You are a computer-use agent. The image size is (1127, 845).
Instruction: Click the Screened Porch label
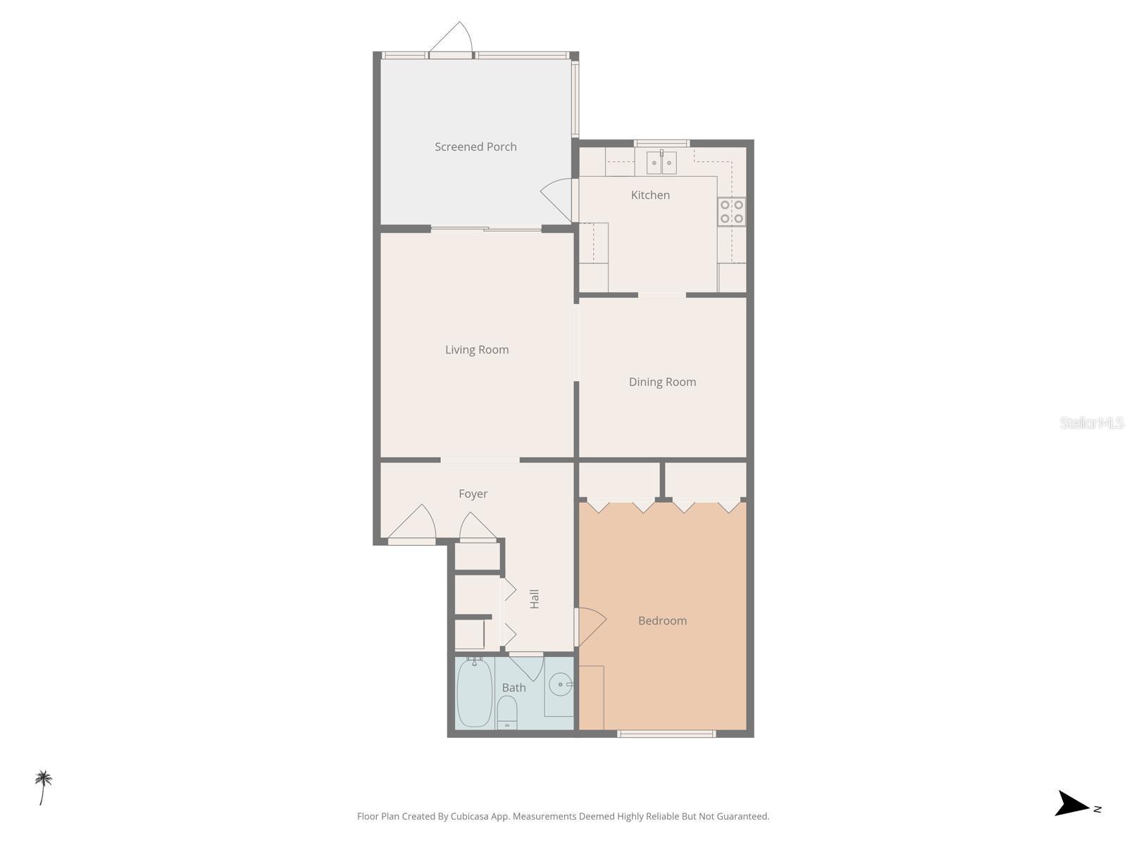tap(475, 146)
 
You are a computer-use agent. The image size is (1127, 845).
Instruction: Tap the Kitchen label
tap(650, 195)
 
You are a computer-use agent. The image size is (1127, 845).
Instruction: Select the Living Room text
tap(477, 349)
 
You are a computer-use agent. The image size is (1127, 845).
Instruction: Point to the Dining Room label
tap(662, 382)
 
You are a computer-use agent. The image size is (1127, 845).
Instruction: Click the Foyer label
tap(473, 494)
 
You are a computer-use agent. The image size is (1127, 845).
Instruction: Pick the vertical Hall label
tap(535, 599)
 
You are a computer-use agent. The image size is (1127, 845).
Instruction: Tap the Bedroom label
tap(662, 620)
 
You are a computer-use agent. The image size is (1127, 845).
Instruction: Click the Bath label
tap(513, 687)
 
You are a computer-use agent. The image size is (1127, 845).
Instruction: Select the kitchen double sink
tap(661, 163)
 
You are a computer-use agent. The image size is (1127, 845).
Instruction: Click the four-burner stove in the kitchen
tap(732, 211)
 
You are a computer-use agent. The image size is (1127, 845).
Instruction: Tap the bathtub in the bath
tap(474, 693)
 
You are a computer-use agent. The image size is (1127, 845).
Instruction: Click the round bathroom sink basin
tap(561, 684)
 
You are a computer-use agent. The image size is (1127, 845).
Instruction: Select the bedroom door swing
tap(590, 625)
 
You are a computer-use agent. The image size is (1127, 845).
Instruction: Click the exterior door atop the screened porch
tap(454, 39)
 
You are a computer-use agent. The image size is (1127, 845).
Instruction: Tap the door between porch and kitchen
tap(558, 198)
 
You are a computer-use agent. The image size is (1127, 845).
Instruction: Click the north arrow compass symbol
tap(1073, 803)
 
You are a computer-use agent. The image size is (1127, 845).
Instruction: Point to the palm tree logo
tap(44, 787)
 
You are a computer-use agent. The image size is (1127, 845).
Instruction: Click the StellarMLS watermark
tap(1092, 423)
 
